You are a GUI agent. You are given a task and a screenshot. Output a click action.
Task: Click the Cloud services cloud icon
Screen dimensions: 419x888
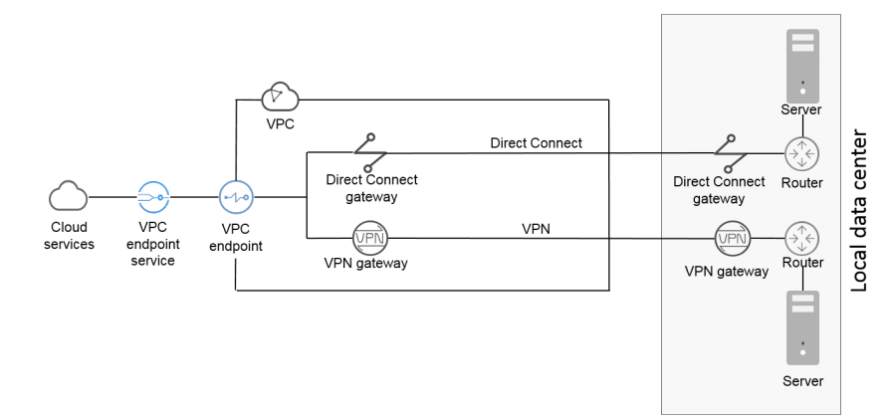[x=69, y=196]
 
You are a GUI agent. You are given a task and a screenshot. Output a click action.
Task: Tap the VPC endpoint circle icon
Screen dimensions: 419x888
[x=235, y=196]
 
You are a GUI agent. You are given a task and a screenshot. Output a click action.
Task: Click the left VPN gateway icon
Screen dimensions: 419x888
[x=369, y=239]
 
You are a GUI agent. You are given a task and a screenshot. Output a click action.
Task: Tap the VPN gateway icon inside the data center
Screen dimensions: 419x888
[x=732, y=239]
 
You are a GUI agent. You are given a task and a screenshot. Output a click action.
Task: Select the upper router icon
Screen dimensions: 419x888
[x=802, y=153]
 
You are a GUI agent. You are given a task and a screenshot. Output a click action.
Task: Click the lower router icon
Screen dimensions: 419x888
[x=802, y=239]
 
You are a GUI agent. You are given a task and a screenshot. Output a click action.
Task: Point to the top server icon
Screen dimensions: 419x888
[x=802, y=57]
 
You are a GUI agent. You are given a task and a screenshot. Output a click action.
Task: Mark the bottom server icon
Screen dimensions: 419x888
[x=802, y=327]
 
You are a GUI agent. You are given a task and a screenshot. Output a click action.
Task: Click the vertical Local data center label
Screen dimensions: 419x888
[x=861, y=209]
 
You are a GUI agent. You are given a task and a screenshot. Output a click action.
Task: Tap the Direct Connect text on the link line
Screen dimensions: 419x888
[x=536, y=143]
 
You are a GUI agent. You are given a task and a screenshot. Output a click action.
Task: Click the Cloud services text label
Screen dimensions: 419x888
[x=69, y=235]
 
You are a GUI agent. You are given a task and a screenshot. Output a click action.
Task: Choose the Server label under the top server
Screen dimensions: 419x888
[x=802, y=109]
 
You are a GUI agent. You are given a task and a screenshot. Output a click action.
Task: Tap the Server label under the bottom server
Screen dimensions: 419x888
[x=802, y=381]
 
